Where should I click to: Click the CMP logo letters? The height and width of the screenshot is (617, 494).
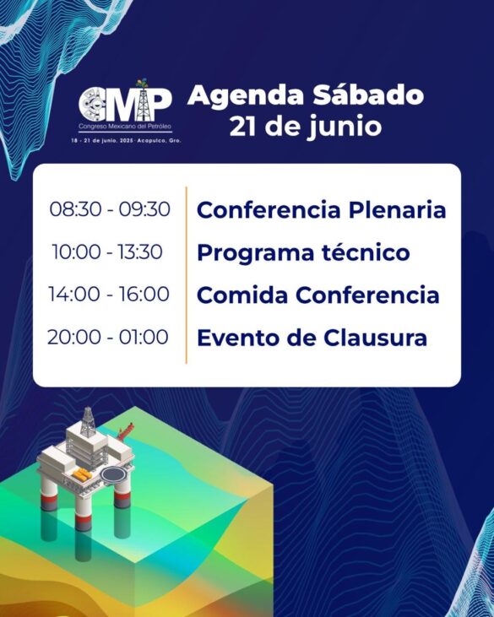125,104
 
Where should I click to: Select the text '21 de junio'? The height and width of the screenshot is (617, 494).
306,127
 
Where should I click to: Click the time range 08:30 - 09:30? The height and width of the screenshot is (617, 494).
110,209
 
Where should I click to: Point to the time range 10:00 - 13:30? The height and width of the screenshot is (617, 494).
107,252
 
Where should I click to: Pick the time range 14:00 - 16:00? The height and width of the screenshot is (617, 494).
109,295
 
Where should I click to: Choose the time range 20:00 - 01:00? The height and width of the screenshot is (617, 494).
108,338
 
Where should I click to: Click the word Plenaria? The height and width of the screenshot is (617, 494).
398,209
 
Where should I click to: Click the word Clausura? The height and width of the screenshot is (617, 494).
376,338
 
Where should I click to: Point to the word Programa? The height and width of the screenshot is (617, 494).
256,253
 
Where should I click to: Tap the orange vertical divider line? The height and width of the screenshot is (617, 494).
186,275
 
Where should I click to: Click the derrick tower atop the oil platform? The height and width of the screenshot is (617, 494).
88,421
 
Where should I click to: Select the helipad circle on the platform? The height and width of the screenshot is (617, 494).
112,474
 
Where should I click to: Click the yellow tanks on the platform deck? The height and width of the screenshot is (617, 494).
82,474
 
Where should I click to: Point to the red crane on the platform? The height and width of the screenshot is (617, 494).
125,431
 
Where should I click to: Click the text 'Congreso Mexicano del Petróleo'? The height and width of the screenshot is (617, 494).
125,127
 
